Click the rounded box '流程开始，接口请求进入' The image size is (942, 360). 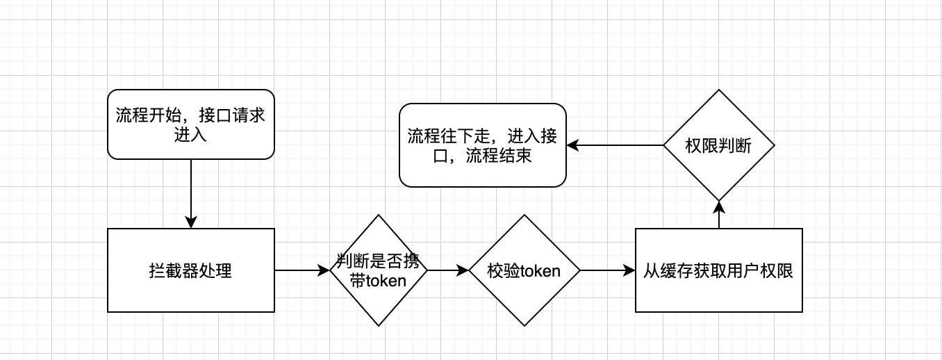pyautogui.click(x=190, y=124)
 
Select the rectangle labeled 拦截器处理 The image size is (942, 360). pyautogui.click(x=190, y=270)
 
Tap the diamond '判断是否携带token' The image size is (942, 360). pyautogui.click(x=378, y=270)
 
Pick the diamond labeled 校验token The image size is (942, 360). pyautogui.click(x=524, y=270)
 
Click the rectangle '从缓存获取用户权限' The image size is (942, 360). pyautogui.click(x=718, y=270)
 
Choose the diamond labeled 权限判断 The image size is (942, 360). pyautogui.click(x=718, y=145)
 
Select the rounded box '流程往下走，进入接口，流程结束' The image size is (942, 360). pyautogui.click(x=482, y=145)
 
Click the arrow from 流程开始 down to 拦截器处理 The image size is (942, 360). pyautogui.click(x=190, y=192)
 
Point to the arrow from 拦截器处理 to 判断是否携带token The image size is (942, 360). pyautogui.click(x=301, y=270)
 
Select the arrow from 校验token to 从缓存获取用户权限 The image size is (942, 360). pyautogui.click(x=606, y=270)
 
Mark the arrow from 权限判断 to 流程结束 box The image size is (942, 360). pyautogui.click(x=614, y=145)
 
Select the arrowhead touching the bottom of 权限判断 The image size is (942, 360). pyautogui.click(x=718, y=206)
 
